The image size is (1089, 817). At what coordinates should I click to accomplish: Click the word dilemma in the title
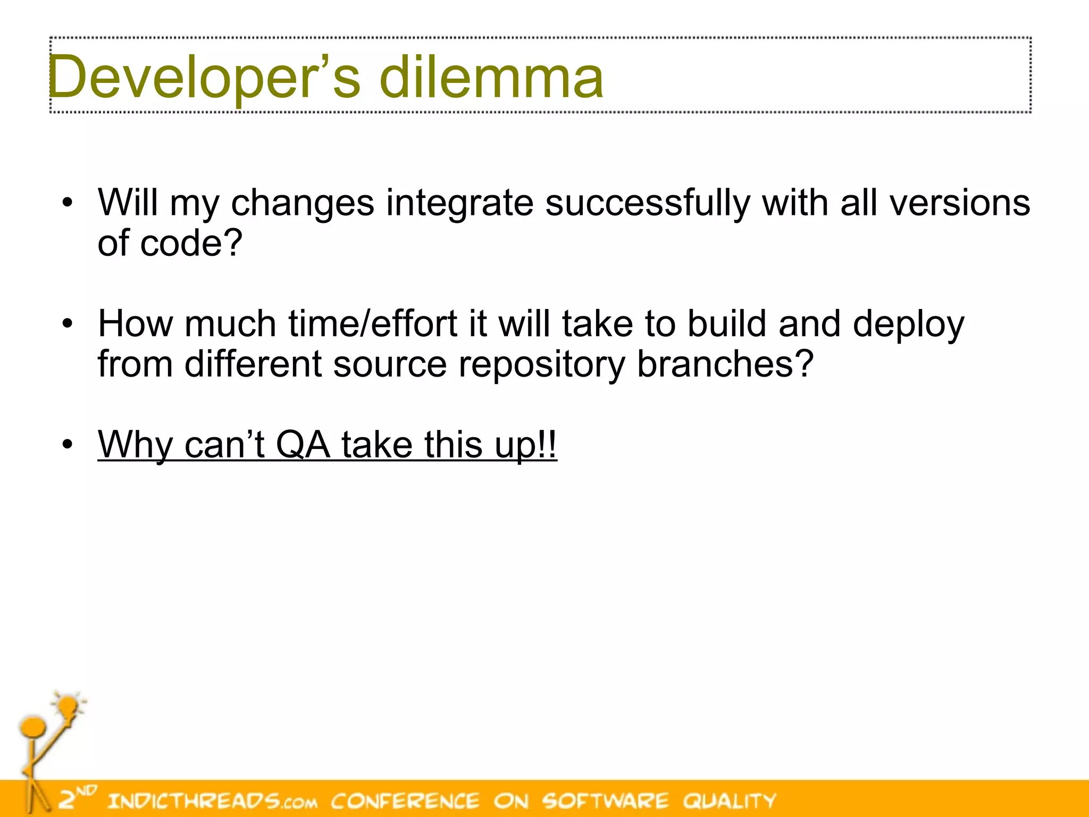491,78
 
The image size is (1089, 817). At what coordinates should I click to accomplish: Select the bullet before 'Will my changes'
67,203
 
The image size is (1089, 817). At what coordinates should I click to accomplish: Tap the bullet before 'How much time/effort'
67,323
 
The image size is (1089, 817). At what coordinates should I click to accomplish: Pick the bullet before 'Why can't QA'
67,444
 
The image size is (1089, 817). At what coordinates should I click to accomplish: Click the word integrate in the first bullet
459,204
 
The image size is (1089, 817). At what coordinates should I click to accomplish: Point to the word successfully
647,204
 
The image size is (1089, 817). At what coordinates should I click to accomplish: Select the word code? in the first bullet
191,243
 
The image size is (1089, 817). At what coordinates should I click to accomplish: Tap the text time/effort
373,323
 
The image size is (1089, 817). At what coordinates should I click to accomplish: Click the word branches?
725,364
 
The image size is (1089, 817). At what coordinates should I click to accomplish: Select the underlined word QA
303,444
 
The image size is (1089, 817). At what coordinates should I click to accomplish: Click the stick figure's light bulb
69,706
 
